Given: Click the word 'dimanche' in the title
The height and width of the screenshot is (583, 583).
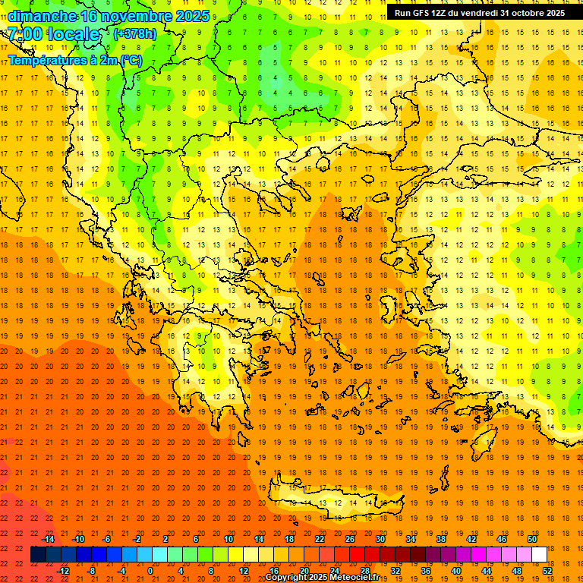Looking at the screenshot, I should tap(43, 16).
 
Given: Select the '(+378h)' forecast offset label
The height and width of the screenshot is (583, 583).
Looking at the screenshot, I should tap(134, 34).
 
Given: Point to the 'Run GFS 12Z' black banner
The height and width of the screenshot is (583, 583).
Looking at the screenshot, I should tap(479, 13).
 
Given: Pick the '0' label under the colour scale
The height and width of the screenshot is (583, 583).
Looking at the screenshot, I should tap(150, 571).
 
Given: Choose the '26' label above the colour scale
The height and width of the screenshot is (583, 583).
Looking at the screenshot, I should tap(350, 539).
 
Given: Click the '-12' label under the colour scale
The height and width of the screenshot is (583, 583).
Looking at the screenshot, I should tap(64, 571).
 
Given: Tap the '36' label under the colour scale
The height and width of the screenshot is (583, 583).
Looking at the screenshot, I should tap(425, 571).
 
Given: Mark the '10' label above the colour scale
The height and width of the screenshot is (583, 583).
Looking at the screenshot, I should tap(228, 539).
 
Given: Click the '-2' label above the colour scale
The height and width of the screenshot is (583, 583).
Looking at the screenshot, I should tap(137, 539).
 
